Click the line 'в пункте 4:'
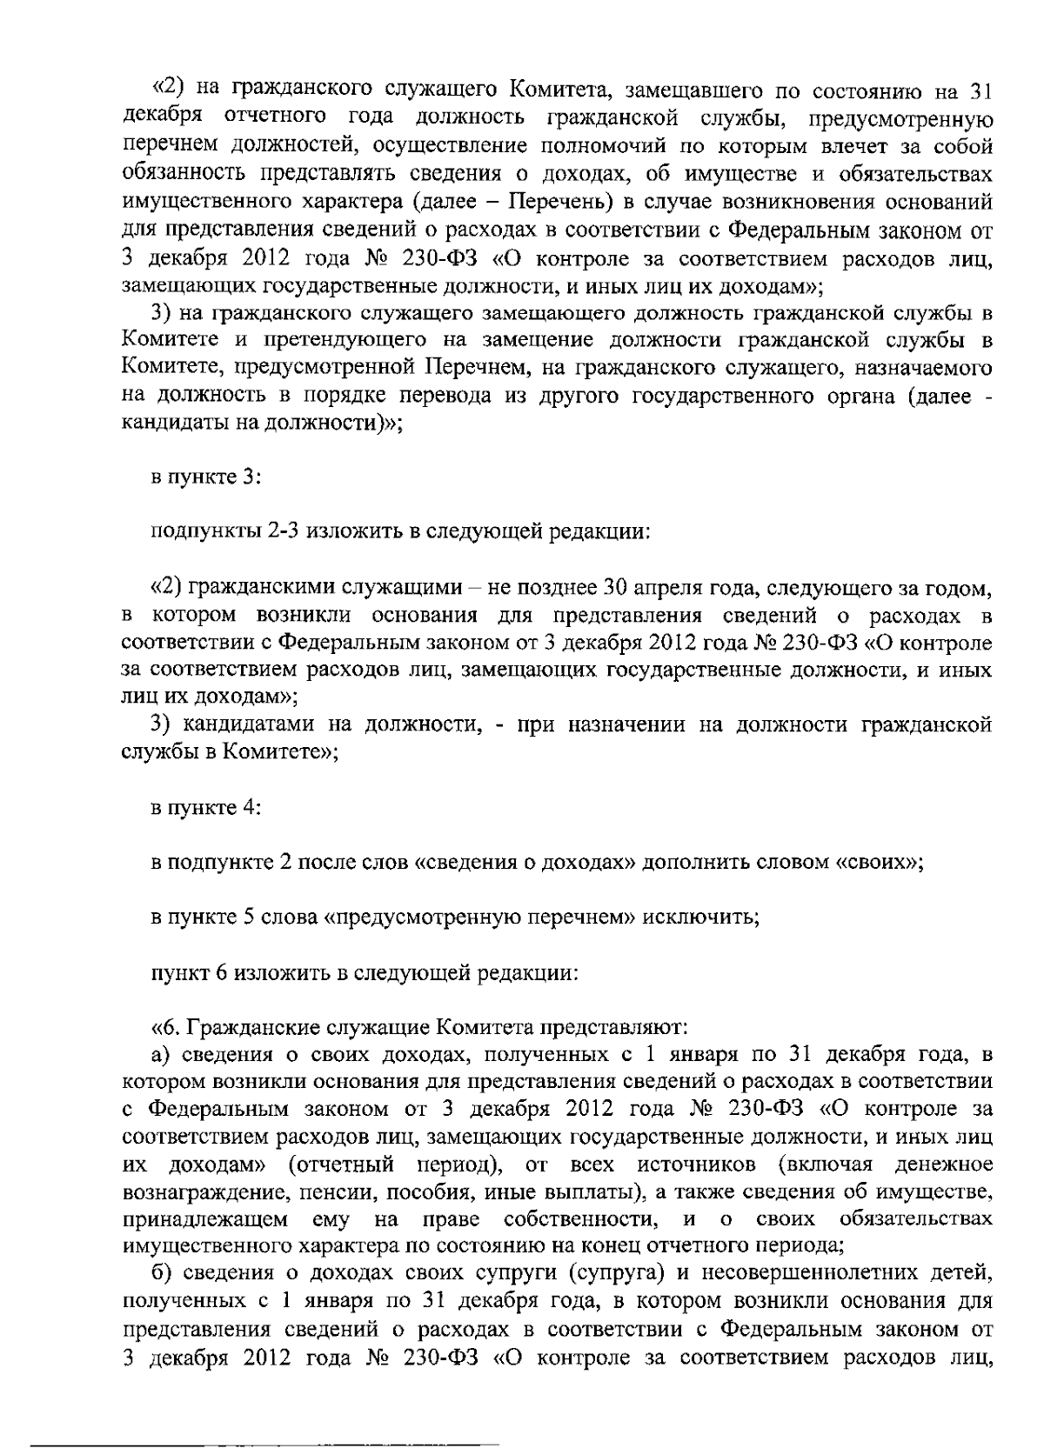point(206,808)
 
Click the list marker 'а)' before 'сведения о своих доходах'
point(159,1055)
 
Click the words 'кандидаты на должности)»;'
point(261,424)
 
